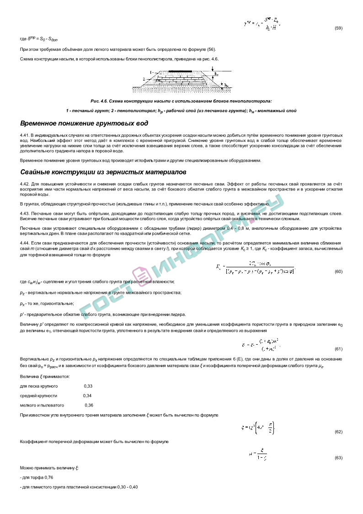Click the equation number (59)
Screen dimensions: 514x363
coord(338,28)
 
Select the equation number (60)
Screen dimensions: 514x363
coord(338,271)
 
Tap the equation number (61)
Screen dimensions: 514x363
coord(338,349)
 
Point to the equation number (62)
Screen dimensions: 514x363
coord(338,432)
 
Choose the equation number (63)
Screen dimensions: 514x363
coord(338,458)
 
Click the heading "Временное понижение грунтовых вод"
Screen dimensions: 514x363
coord(84,124)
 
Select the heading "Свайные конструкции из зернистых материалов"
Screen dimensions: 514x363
coord(103,172)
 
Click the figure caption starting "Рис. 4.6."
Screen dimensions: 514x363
coord(181,101)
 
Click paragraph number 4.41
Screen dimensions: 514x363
coord(24,135)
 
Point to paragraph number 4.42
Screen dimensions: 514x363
coord(24,184)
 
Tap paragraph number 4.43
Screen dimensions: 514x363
coord(24,214)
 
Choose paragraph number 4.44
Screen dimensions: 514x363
coord(24,242)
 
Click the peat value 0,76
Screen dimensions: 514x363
coord(48,477)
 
